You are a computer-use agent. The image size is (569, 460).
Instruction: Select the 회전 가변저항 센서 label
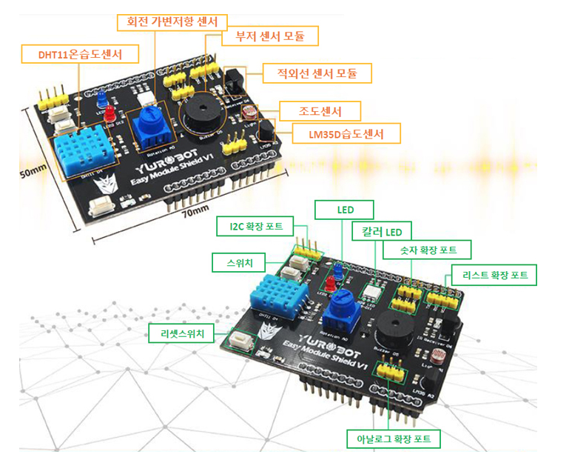(x=172, y=21)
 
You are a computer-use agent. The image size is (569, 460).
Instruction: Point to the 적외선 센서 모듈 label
(x=316, y=73)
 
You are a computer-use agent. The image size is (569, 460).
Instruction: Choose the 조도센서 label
(x=320, y=111)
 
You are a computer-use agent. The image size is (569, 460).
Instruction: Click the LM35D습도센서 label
(x=346, y=133)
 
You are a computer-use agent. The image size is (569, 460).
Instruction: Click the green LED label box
(x=345, y=210)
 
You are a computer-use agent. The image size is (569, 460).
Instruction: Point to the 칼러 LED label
(x=382, y=232)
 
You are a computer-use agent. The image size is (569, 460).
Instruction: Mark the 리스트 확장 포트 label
(x=494, y=275)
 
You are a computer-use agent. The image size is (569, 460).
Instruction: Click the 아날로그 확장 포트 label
(x=394, y=439)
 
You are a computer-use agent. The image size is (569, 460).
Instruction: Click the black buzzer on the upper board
(x=198, y=114)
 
